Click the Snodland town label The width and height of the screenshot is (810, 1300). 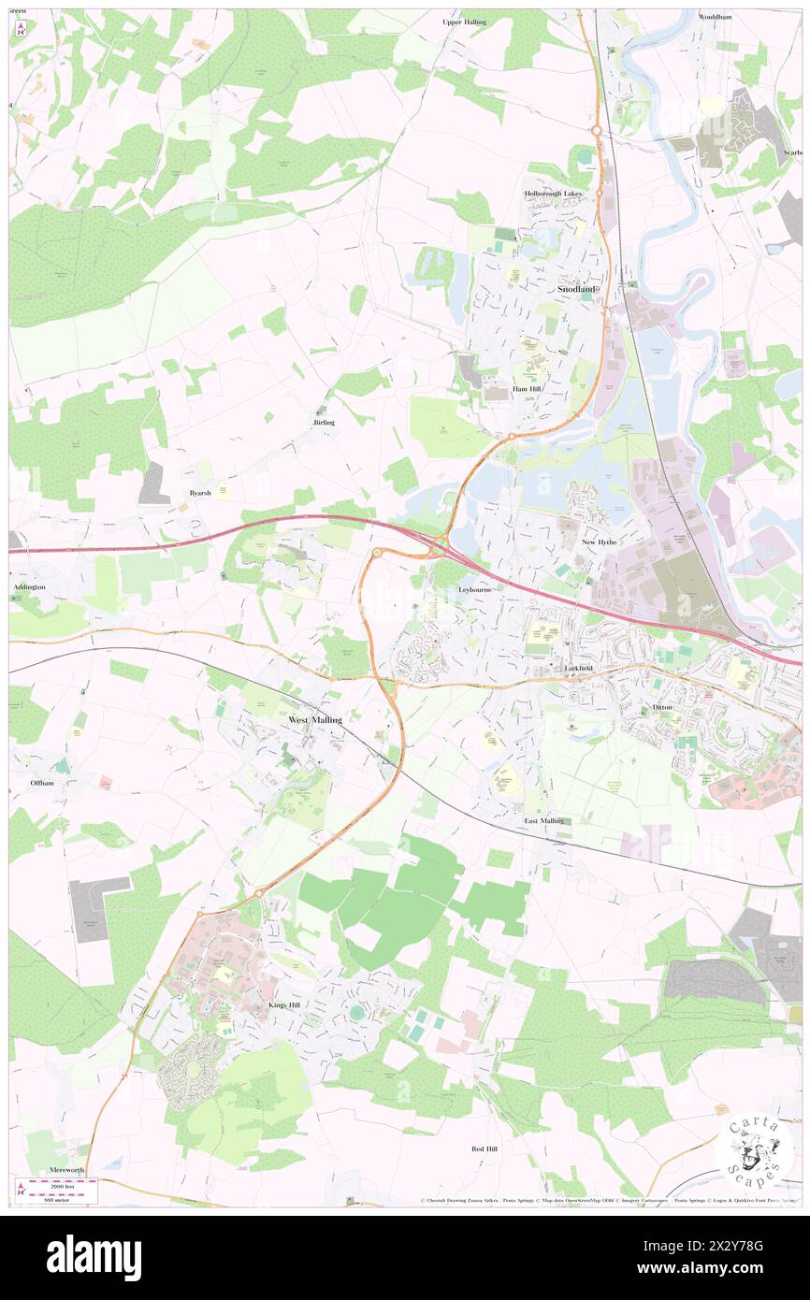(576, 290)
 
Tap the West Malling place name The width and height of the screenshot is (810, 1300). (314, 720)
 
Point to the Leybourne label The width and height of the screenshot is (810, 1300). (475, 590)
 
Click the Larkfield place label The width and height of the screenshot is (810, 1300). (578, 669)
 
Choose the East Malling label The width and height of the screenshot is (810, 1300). (543, 820)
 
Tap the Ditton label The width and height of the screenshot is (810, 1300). (662, 707)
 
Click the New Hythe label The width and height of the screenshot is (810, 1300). (600, 542)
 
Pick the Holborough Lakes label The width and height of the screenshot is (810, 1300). (553, 194)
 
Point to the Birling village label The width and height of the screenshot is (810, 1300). (323, 423)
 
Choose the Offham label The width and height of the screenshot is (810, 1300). (41, 782)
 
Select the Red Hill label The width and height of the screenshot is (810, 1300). (484, 1148)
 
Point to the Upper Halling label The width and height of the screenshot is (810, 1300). (464, 21)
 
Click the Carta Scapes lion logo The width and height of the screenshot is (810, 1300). (755, 1147)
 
